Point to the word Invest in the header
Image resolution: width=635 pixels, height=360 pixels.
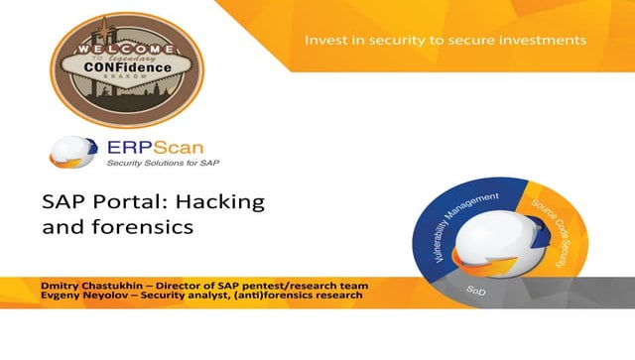(325, 40)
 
